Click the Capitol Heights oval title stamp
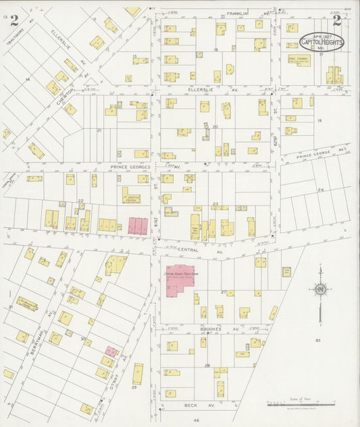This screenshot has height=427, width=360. (x=322, y=42)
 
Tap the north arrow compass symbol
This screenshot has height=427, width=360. (x=319, y=290)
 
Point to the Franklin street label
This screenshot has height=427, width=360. (x=238, y=13)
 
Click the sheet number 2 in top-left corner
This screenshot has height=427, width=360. (x=14, y=19)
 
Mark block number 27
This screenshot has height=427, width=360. (x=223, y=291)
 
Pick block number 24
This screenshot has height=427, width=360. (x=321, y=191)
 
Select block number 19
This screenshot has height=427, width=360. (x=319, y=120)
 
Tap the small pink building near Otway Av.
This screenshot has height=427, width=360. (x=111, y=351)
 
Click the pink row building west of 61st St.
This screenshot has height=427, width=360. (x=138, y=226)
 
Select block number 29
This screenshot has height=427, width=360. (x=134, y=387)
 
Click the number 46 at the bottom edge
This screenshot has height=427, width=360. (x=197, y=420)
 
